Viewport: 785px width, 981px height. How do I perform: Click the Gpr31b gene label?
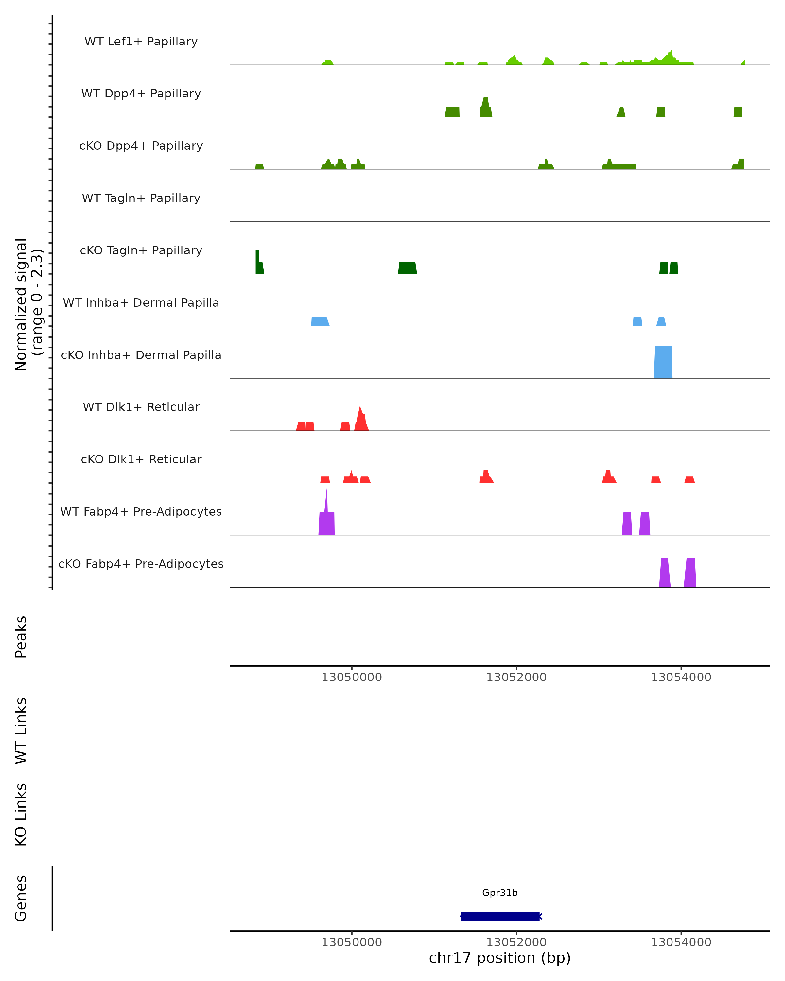(x=500, y=893)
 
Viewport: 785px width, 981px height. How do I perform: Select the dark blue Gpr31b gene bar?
(x=500, y=916)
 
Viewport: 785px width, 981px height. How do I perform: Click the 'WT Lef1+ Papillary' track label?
(x=141, y=42)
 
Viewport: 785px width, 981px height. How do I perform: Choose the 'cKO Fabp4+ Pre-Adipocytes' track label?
(x=141, y=564)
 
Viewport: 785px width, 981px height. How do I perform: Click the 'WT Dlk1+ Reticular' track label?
(x=141, y=407)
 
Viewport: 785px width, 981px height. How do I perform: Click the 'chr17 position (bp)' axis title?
(x=500, y=958)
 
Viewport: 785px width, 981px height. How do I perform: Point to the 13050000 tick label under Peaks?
(x=351, y=677)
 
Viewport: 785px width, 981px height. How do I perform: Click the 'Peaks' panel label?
(x=21, y=637)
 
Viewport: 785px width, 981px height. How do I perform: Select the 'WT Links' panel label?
(x=21, y=730)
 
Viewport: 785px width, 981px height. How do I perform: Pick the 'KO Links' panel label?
(x=21, y=815)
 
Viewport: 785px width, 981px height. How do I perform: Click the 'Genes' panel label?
(x=21, y=898)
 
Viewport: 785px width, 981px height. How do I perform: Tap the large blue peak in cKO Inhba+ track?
(x=663, y=362)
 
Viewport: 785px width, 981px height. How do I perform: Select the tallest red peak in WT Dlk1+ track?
(x=360, y=416)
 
